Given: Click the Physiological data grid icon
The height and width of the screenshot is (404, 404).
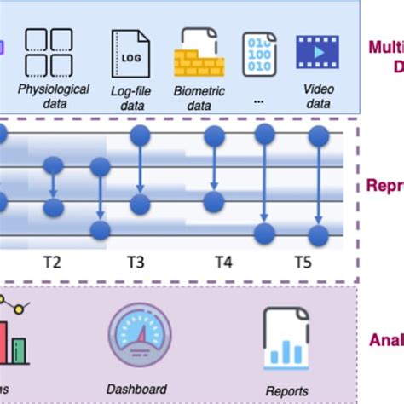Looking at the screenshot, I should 48,53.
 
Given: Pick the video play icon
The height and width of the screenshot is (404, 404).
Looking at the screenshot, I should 317,52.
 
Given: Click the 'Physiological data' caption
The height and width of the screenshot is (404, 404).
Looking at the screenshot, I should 53,95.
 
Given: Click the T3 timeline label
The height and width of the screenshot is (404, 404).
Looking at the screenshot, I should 136,262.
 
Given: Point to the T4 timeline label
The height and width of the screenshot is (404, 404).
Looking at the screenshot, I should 223,262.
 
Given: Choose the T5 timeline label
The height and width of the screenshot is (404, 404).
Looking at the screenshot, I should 303,262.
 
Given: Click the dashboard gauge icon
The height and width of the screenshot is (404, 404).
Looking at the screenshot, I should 139,337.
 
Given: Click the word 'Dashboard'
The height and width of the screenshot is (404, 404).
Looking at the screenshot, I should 136,389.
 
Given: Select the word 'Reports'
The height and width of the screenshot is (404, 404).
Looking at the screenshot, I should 286,391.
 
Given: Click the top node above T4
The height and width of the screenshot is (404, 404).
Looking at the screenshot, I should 213,134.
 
